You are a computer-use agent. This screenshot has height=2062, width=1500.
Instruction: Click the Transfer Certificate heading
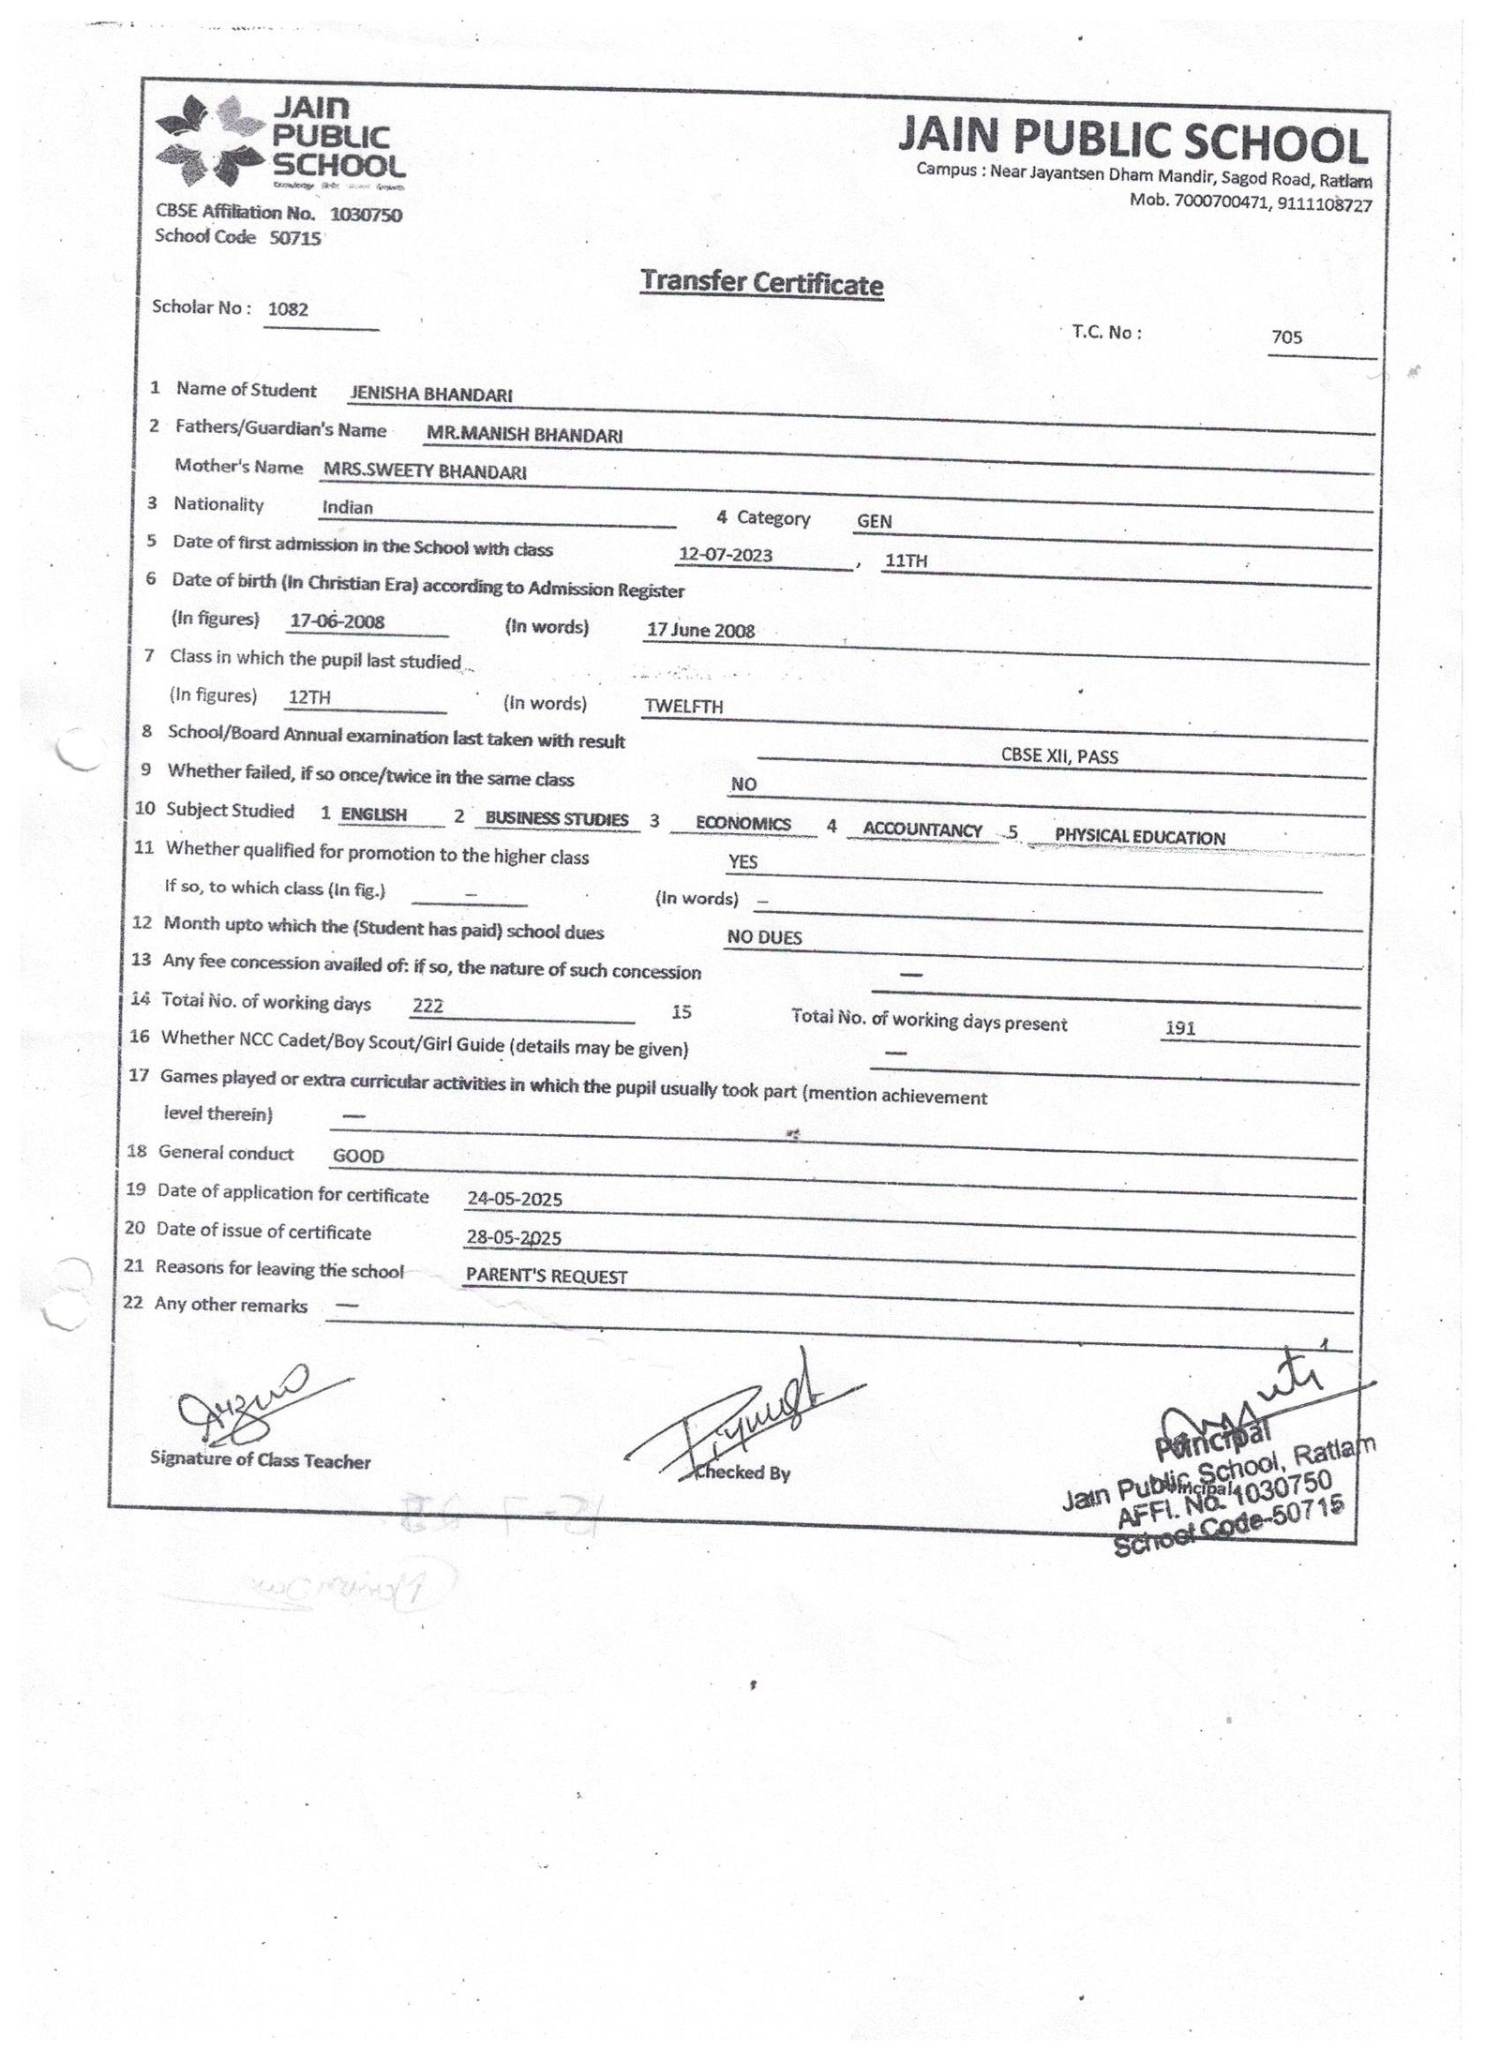[761, 282]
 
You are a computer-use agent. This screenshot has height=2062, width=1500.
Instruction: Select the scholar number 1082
[288, 308]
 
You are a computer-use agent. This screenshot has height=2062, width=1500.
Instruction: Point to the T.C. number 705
[1287, 337]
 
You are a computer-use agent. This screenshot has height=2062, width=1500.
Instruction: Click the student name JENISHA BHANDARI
[430, 396]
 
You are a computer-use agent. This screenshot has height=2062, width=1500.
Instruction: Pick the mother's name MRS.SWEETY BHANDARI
[424, 472]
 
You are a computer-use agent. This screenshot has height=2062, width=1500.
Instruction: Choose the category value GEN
[874, 521]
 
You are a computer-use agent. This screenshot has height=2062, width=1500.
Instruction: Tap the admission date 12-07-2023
[726, 555]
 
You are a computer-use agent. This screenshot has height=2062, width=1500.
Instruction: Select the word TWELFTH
[683, 707]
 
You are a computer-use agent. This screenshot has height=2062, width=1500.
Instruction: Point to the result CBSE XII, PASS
[1059, 756]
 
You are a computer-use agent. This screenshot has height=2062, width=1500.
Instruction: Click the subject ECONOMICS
[743, 824]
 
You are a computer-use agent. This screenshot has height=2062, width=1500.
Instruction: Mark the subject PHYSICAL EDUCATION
[1139, 837]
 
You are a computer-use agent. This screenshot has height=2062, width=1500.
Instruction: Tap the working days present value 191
[1179, 1028]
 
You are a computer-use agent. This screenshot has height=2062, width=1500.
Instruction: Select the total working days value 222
[427, 1007]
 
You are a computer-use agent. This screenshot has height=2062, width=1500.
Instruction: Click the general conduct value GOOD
[358, 1157]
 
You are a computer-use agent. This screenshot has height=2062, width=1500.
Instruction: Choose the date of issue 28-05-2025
[514, 1238]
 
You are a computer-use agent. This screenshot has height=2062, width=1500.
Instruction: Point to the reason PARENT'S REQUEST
[547, 1277]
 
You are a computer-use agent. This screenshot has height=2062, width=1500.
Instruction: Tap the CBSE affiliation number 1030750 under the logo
[367, 215]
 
